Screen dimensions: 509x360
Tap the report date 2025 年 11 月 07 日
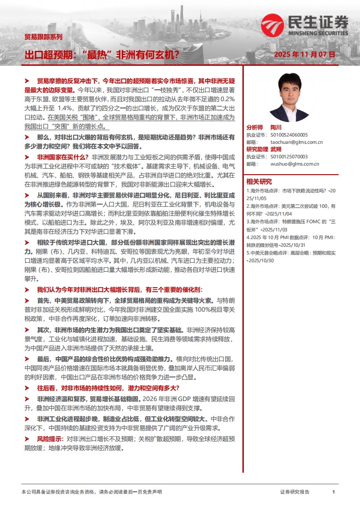coord(305,54)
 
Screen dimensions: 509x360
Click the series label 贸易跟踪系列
coord(43,37)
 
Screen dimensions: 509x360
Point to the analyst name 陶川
coord(276,128)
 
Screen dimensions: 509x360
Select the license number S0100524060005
coord(289,135)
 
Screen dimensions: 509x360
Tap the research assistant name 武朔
coord(276,149)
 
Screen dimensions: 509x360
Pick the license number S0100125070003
coord(289,157)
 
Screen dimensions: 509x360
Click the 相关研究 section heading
coord(259,181)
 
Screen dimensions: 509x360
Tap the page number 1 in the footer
coord(334,492)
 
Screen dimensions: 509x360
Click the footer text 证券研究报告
coord(295,492)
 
